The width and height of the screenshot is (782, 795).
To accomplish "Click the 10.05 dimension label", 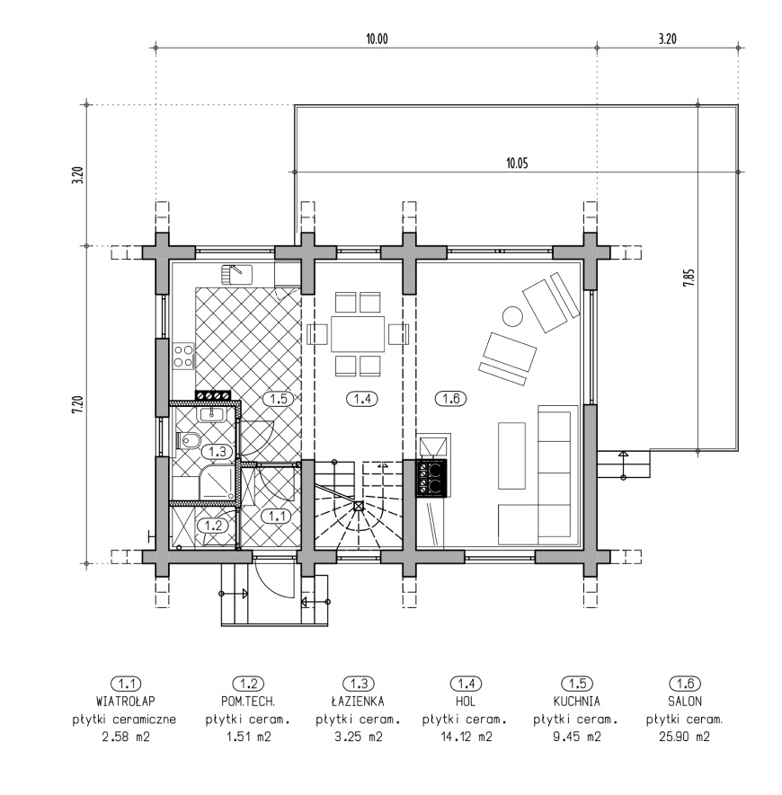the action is click(x=517, y=163).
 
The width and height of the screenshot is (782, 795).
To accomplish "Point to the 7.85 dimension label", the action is click(x=689, y=278).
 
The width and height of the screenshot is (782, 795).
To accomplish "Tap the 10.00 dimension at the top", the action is click(x=377, y=39).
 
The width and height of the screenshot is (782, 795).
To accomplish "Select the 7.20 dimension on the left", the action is click(x=77, y=404).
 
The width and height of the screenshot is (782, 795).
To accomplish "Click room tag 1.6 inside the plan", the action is click(x=451, y=399).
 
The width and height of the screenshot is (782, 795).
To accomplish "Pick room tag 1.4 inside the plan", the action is click(x=362, y=399).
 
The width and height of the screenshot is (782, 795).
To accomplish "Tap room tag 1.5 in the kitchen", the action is click(x=279, y=399).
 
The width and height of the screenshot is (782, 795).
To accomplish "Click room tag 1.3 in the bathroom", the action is click(x=218, y=451).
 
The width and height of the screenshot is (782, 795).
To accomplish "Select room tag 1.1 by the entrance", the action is click(x=276, y=517).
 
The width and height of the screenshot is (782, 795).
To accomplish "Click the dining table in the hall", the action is click(x=358, y=334).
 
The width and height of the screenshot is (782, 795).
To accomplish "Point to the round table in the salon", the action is click(x=512, y=317).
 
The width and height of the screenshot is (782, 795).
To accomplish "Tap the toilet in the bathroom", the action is click(x=187, y=440).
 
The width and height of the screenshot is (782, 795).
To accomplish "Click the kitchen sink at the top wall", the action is click(x=236, y=274).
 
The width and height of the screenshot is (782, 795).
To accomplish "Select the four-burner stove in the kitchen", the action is click(x=183, y=356).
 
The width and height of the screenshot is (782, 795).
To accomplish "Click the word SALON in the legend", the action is click(x=685, y=702).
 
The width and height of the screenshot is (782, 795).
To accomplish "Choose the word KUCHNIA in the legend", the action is click(x=576, y=702).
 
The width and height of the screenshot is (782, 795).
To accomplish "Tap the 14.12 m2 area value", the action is click(x=467, y=737).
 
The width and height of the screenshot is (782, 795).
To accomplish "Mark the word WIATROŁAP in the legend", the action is click(x=125, y=702).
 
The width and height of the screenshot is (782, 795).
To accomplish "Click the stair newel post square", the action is click(x=359, y=506).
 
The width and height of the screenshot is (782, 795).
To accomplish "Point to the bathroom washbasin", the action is click(x=212, y=414).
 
